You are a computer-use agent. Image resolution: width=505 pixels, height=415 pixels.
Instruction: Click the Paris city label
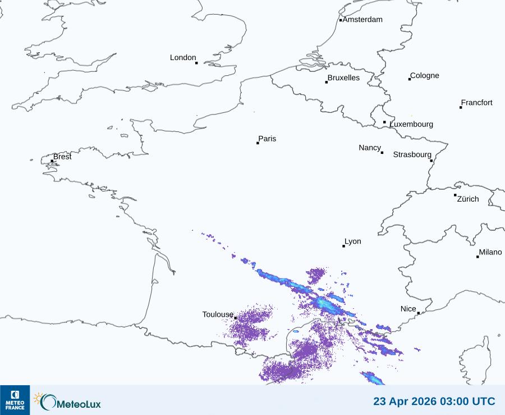click(x=267, y=139)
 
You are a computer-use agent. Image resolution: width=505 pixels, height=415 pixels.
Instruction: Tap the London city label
click(x=183, y=57)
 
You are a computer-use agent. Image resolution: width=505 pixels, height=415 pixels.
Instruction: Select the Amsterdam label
click(x=362, y=20)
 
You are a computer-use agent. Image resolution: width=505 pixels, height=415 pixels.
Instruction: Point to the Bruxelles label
click(x=343, y=78)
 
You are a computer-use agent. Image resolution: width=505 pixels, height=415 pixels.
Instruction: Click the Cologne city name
click(x=425, y=76)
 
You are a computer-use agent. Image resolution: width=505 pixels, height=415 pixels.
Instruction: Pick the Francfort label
click(x=476, y=103)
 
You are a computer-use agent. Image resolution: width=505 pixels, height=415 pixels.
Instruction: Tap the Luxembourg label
click(x=411, y=124)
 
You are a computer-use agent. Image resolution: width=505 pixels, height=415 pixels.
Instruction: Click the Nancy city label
click(x=370, y=148)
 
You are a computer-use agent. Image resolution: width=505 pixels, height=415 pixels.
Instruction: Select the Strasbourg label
click(x=412, y=154)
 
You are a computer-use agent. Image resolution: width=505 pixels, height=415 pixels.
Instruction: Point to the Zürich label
click(x=468, y=199)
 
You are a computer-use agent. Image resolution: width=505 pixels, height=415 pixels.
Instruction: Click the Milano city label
click(x=490, y=252)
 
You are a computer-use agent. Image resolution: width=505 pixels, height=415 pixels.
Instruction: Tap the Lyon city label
click(x=353, y=241)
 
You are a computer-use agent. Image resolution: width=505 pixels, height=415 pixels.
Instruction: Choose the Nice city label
click(x=408, y=309)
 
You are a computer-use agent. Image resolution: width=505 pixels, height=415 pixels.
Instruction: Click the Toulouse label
click(x=218, y=314)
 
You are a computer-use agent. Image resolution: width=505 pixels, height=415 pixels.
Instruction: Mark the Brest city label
click(x=62, y=157)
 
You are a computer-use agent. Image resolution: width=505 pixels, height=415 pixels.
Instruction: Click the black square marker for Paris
click(x=258, y=143)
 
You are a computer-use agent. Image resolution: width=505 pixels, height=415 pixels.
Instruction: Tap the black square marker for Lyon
click(x=343, y=246)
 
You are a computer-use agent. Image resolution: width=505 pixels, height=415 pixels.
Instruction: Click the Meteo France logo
click(x=15, y=400)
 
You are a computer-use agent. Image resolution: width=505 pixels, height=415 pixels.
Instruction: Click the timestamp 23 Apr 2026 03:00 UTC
click(x=434, y=402)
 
